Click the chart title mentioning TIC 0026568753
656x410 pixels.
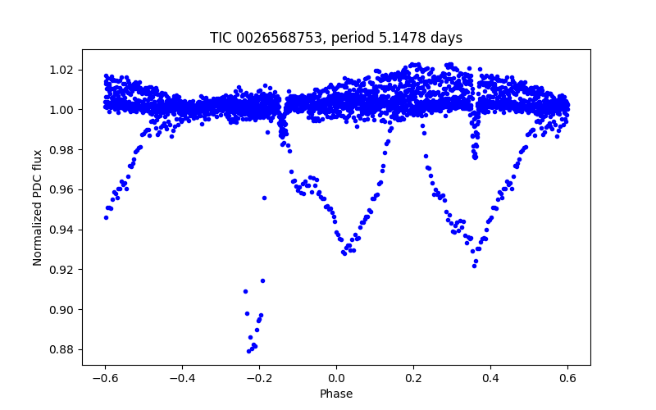(x=336, y=38)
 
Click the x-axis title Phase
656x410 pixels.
(x=336, y=394)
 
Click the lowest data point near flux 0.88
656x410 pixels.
(x=249, y=351)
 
